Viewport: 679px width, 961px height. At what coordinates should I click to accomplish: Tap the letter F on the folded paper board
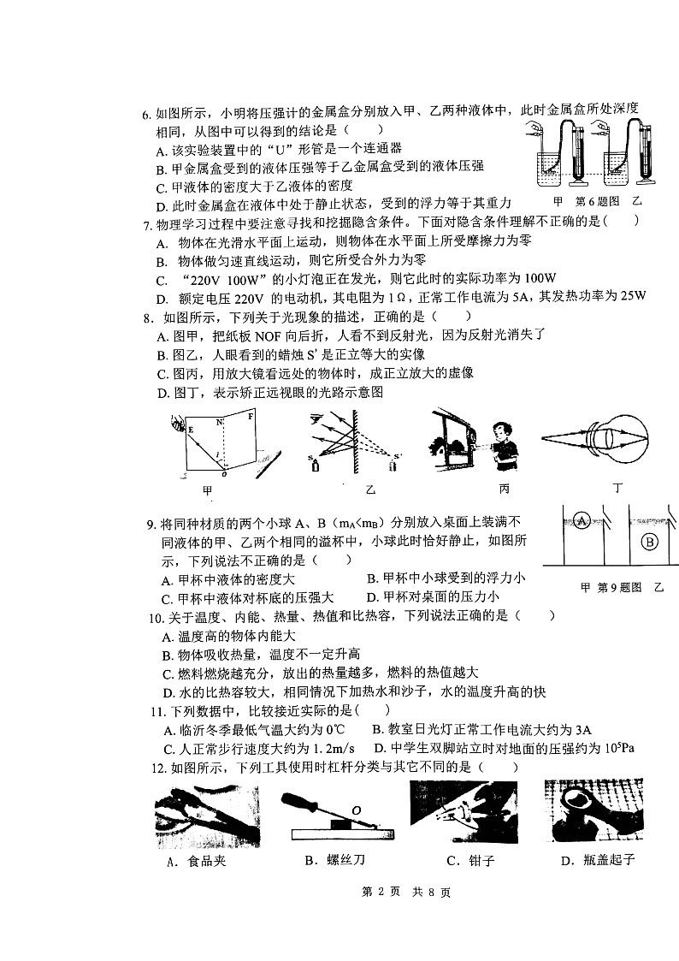(251, 417)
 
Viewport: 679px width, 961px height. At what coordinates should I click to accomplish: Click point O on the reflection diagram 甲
(224, 473)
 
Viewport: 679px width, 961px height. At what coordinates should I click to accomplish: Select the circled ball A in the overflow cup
(582, 520)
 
